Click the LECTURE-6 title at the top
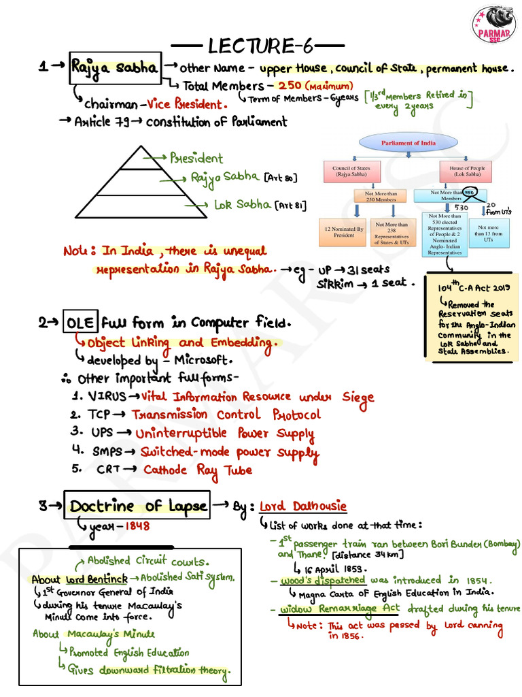[260, 46]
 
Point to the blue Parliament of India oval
[408, 143]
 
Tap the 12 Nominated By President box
[344, 231]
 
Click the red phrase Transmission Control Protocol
[226, 415]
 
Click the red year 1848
[137, 527]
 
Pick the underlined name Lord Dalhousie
[302, 506]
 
